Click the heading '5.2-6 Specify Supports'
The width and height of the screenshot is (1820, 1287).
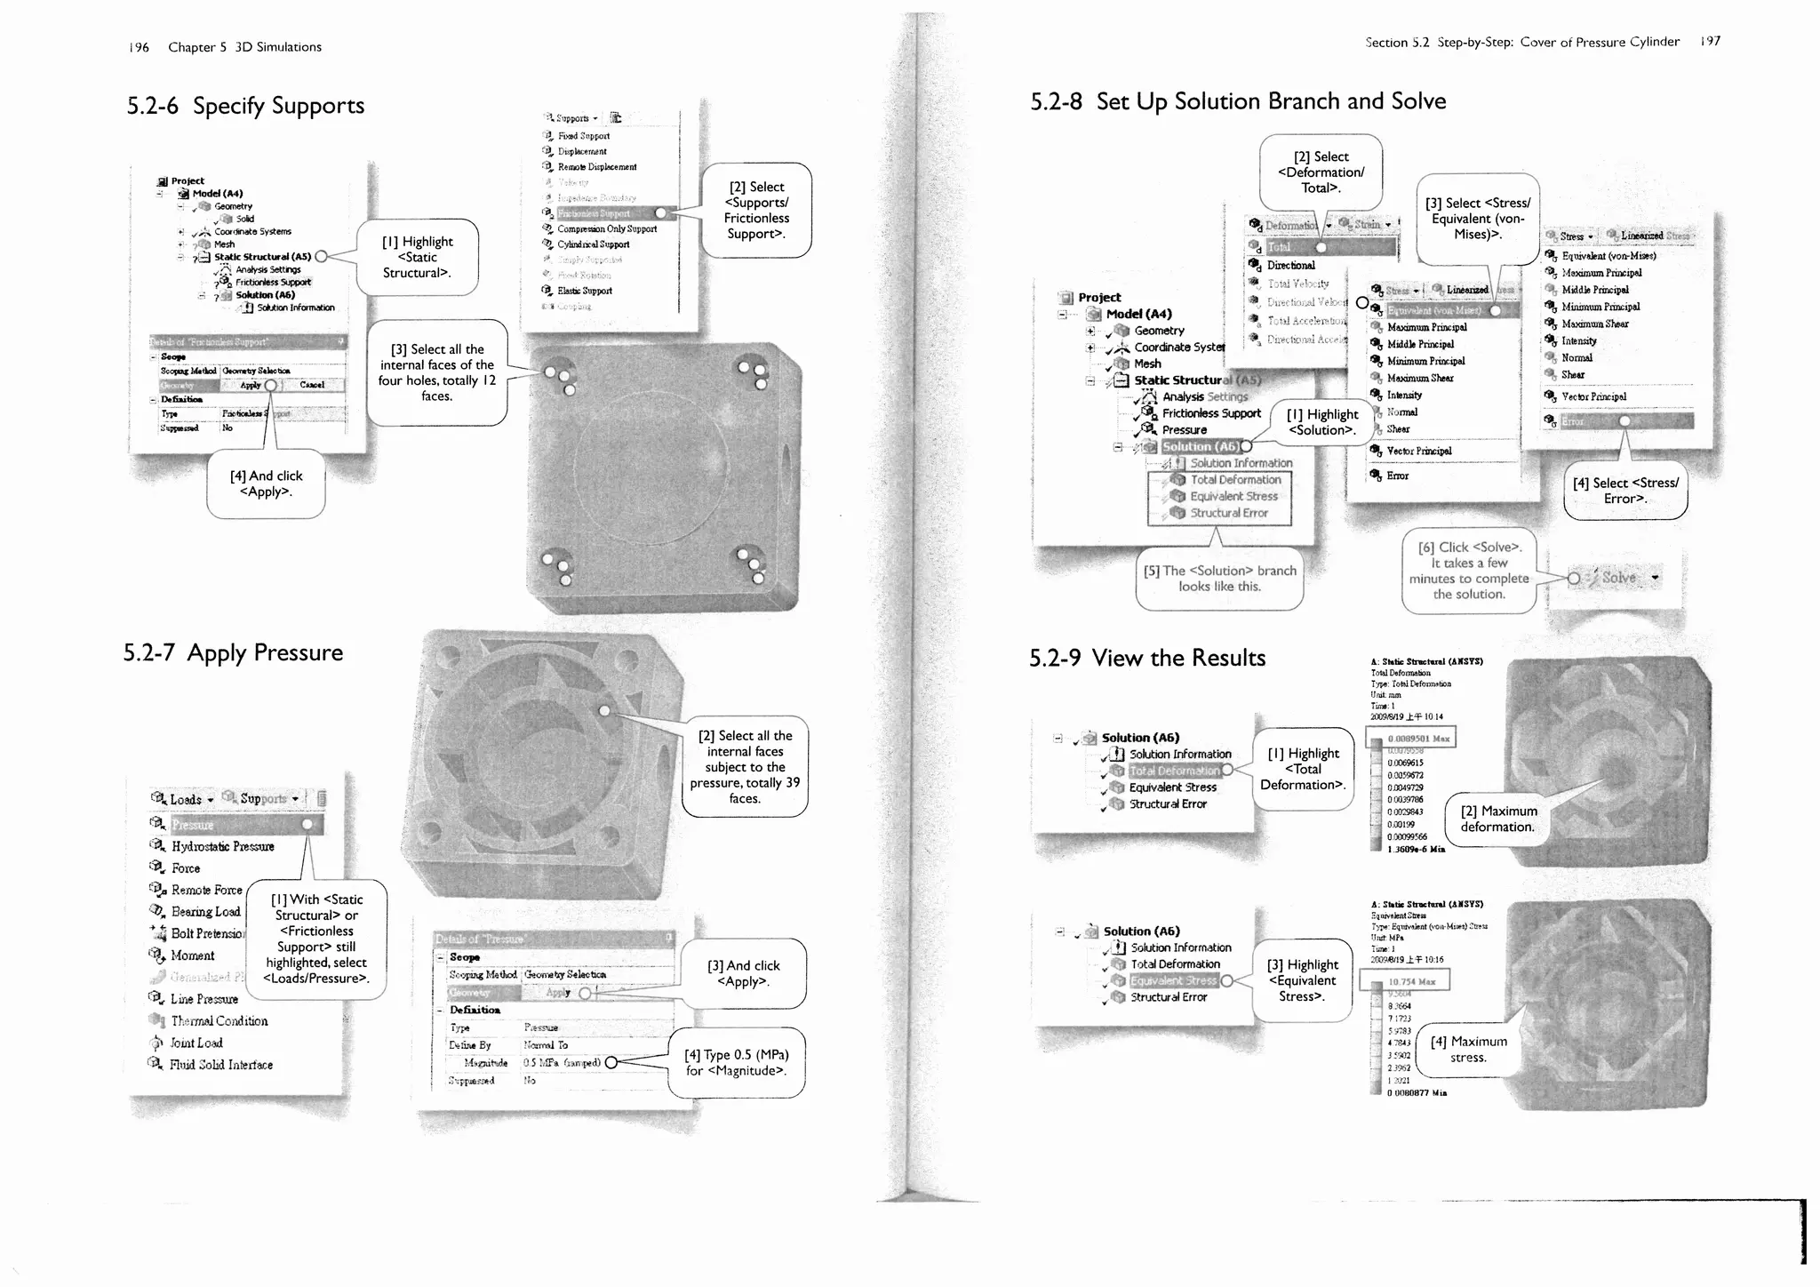point(245,106)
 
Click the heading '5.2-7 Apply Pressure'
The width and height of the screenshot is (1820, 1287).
point(233,652)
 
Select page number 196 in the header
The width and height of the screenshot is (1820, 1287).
point(139,47)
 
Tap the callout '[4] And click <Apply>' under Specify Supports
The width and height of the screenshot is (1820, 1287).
point(266,484)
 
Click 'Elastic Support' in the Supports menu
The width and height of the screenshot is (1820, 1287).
point(584,291)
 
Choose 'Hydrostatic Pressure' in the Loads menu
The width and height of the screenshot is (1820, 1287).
point(222,846)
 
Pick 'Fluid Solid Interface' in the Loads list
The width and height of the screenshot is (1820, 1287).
point(221,1065)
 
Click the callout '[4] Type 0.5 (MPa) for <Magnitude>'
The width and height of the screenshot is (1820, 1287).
point(736,1062)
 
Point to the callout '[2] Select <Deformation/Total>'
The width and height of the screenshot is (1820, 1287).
point(1320,172)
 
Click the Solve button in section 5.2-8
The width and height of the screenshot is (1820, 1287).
point(1618,578)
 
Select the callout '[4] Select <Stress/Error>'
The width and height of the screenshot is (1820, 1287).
point(1624,491)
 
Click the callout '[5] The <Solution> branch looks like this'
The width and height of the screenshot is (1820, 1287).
point(1219,579)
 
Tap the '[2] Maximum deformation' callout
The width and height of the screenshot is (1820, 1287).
point(1497,819)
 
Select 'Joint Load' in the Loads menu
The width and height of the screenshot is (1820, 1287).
point(196,1043)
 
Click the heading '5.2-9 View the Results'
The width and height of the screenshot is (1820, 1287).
point(1146,658)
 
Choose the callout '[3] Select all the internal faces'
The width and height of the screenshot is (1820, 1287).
point(436,372)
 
